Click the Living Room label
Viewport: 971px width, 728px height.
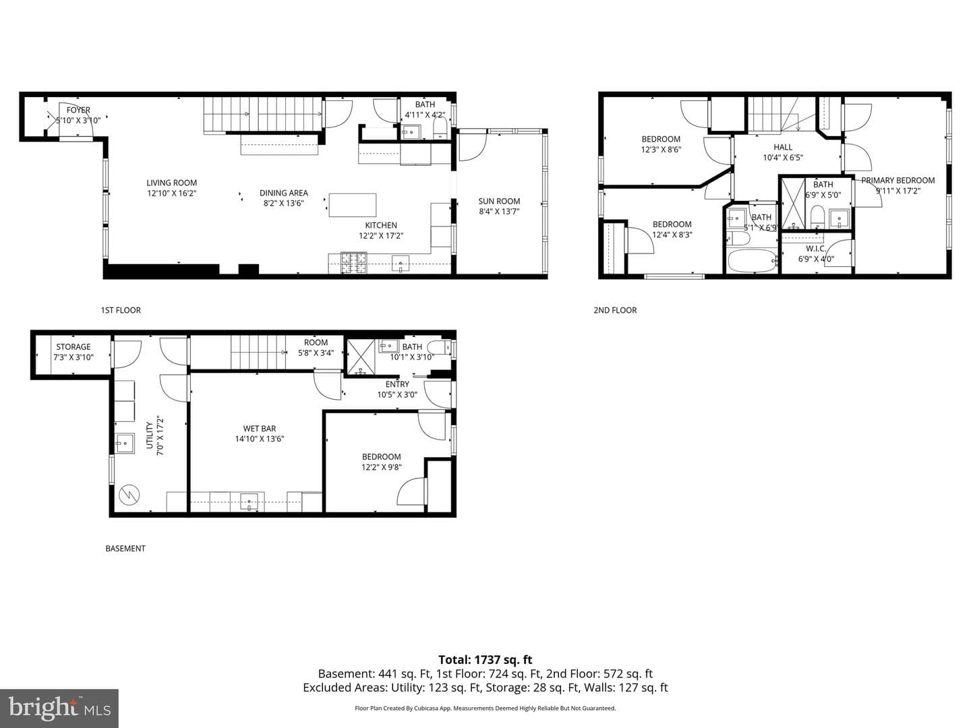tap(172, 183)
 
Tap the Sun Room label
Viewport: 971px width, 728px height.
tap(499, 201)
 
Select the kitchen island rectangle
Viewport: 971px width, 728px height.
tap(353, 205)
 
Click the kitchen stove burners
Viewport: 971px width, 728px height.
tap(353, 263)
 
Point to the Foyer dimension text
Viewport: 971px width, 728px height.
tap(78, 120)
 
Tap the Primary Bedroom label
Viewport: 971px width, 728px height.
tap(898, 181)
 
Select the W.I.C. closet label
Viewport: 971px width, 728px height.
tap(816, 249)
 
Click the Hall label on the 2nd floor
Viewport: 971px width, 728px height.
tap(783, 147)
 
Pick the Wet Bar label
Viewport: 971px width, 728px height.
tap(260, 429)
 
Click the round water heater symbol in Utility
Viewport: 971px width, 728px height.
tap(129, 494)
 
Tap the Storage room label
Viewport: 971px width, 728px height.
tap(73, 347)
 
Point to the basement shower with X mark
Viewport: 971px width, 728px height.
tap(360, 357)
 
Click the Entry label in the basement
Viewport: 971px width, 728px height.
tap(397, 384)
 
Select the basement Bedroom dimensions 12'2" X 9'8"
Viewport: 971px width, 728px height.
tap(382, 467)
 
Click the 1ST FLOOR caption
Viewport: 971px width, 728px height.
tap(121, 310)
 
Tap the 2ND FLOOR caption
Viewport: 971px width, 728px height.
tap(616, 310)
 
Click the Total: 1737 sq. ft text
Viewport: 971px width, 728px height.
tap(486, 660)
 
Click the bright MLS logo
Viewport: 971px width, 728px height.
tap(59, 708)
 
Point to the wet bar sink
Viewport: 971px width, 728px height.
tap(249, 502)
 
